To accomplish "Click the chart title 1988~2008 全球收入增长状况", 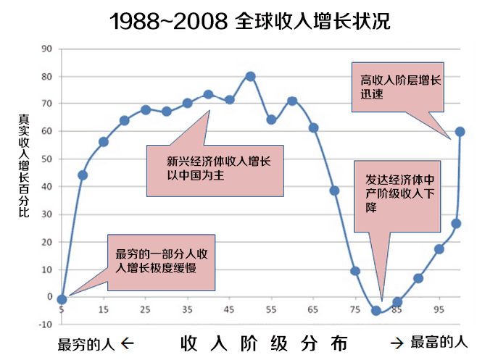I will pos(250,20).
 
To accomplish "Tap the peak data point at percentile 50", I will pos(250,76).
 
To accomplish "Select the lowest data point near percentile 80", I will pos(375,311).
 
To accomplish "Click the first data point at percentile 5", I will pos(62,299).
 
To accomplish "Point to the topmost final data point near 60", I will pos(460,132).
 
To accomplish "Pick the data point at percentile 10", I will pos(83,175).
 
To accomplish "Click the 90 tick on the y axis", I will pos(48,49).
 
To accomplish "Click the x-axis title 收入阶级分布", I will pos(265,342).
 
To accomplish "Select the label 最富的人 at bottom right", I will pos(439,342).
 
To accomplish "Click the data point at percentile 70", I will pos(334,191).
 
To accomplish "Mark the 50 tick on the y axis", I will pos(48,159).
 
